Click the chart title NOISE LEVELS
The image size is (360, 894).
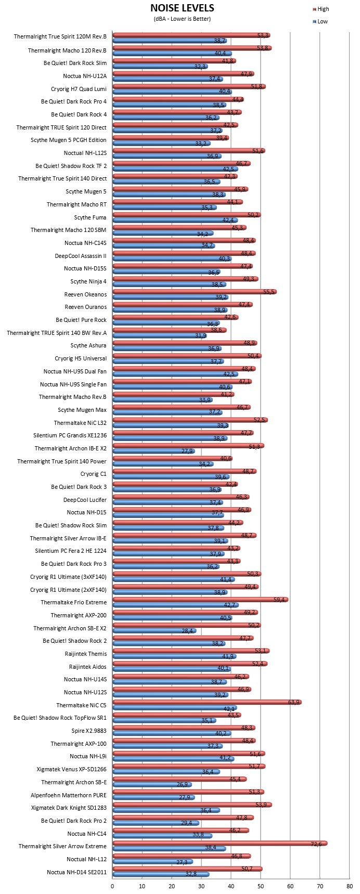(182, 8)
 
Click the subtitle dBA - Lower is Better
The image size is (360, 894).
(182, 19)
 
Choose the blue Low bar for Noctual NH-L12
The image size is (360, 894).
(153, 862)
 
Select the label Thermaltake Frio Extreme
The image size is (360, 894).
(73, 602)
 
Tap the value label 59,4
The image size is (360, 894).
(280, 600)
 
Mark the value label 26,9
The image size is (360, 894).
(184, 784)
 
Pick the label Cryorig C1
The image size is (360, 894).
(94, 474)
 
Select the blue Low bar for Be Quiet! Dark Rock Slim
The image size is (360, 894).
(160, 67)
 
